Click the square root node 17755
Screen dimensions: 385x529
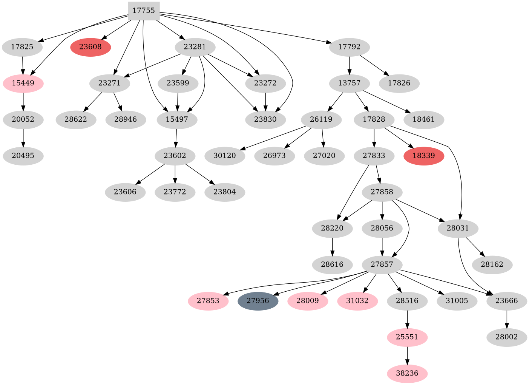144,11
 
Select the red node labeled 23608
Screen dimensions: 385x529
90,47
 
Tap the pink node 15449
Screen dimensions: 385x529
23,83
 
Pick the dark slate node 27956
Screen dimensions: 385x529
258,301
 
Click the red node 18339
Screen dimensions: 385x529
424,156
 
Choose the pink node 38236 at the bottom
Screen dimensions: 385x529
407,374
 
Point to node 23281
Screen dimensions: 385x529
195,47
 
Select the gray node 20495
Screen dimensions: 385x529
23,156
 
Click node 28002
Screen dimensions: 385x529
507,337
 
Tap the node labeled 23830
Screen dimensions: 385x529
265,120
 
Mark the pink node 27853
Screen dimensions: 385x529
208,301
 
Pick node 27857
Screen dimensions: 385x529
382,264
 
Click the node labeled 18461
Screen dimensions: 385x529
424,120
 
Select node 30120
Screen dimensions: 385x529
225,156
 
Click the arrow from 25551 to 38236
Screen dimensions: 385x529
407,355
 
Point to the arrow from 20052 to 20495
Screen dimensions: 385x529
23,138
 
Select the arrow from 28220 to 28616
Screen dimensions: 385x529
332,246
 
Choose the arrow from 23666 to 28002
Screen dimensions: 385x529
507,319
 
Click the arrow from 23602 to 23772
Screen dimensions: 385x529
175,174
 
